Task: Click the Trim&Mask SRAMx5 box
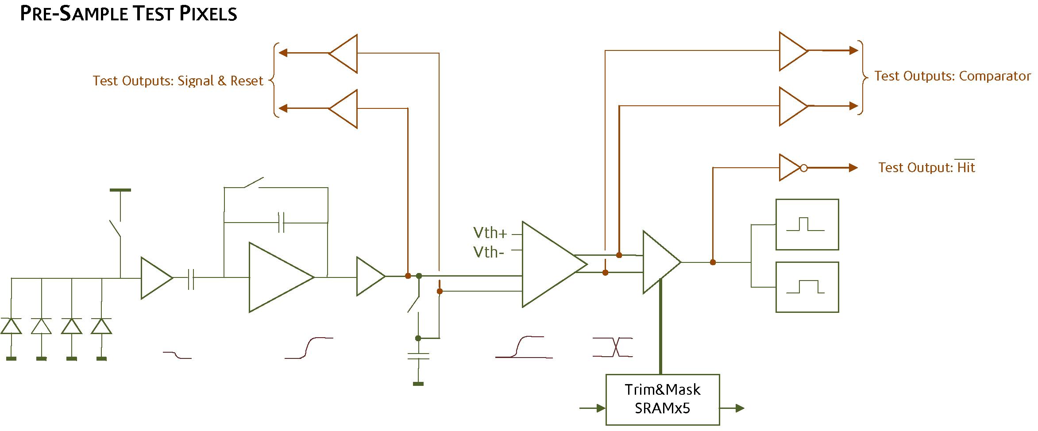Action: tap(662, 399)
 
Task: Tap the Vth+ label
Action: tap(490, 233)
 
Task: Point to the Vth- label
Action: tap(489, 252)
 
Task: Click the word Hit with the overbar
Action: tap(966, 167)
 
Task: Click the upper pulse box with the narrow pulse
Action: tap(807, 224)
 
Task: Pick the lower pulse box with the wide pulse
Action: tap(807, 287)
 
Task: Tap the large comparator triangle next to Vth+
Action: tap(551, 264)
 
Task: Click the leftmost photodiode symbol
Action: tap(11, 326)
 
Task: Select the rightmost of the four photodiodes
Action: tap(101, 326)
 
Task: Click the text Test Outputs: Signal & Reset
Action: tap(178, 81)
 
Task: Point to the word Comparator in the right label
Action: tap(995, 76)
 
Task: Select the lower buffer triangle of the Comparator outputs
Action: tap(792, 106)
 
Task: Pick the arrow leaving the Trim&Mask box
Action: tap(733, 408)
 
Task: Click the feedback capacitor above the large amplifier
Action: tap(281, 222)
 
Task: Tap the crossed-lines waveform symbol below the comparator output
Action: tap(613, 347)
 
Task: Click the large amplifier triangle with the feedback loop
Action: tap(277, 277)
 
